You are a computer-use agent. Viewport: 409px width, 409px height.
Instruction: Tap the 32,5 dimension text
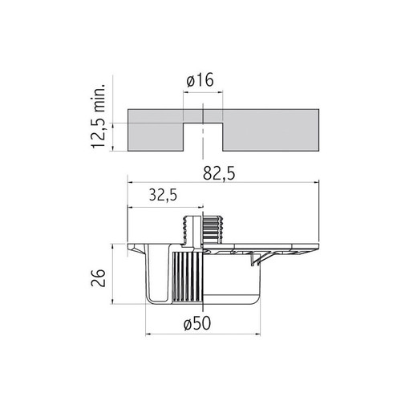tap(163, 195)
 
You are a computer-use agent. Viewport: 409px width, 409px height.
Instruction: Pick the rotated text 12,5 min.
tap(99, 113)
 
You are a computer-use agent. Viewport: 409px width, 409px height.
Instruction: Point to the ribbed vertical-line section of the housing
tap(186, 277)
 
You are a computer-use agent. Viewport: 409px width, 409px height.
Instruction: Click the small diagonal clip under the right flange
tap(257, 257)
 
